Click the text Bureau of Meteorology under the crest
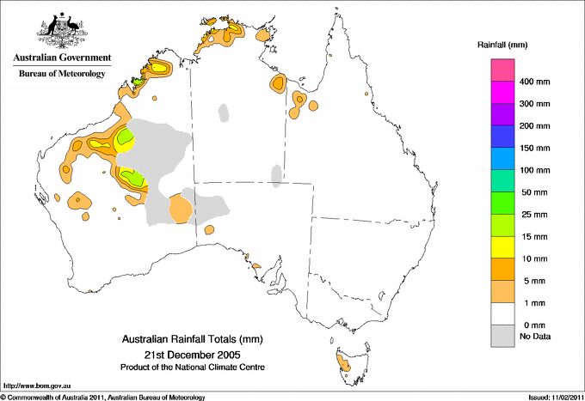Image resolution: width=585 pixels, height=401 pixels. (62, 74)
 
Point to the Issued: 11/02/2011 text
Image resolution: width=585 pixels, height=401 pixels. (551, 397)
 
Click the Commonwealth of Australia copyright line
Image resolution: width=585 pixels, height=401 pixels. (103, 397)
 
